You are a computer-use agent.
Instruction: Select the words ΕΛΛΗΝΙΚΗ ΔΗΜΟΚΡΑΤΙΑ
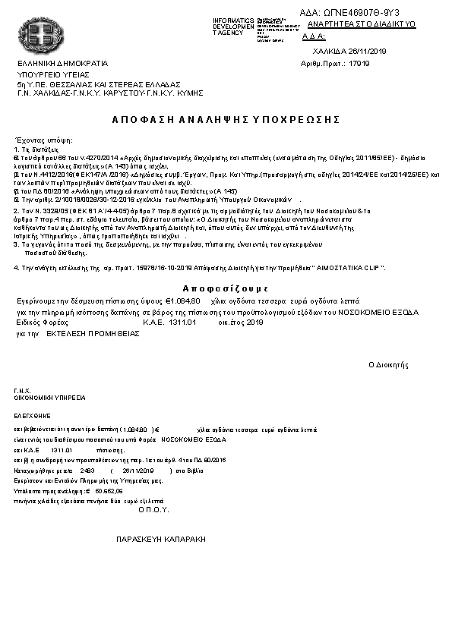pyautogui.click(x=63, y=63)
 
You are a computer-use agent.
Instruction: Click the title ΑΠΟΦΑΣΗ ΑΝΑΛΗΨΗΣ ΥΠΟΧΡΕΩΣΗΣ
pyautogui.click(x=225, y=120)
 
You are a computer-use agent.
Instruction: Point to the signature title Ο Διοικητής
pyautogui.click(x=388, y=364)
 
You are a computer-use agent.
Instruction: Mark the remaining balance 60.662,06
pyautogui.click(x=107, y=491)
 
